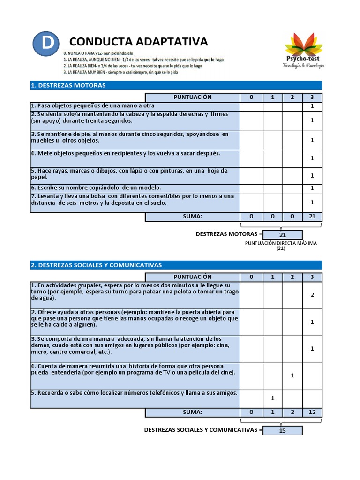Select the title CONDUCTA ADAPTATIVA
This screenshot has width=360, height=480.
click(x=138, y=42)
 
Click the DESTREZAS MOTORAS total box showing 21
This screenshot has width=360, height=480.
click(x=283, y=234)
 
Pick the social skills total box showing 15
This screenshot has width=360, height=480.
click(x=282, y=430)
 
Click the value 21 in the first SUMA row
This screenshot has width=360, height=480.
click(x=312, y=217)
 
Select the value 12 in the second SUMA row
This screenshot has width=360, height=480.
click(x=312, y=412)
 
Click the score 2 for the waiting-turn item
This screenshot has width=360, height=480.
click(x=312, y=295)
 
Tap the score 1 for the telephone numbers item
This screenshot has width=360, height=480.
click(x=272, y=398)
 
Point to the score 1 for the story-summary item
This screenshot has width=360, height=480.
click(x=292, y=375)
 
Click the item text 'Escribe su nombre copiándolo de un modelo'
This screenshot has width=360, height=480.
click(x=96, y=187)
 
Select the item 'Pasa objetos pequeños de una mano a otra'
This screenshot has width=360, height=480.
click(x=93, y=106)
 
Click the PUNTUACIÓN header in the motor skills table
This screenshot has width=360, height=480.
click(x=192, y=97)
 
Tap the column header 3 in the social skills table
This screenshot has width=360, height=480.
click(x=312, y=277)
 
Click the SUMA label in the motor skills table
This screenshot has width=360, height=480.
click(x=192, y=217)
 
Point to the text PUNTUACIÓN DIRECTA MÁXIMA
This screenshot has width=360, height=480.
click(x=281, y=243)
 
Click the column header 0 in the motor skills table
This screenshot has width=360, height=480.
click(x=251, y=97)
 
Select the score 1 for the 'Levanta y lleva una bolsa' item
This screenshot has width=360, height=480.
click(x=312, y=202)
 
